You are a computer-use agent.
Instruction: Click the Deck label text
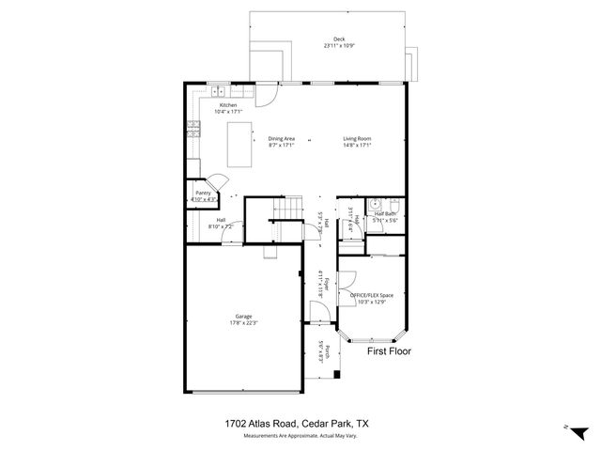pyautogui.click(x=327, y=39)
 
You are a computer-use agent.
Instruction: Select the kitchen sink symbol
pyautogui.click(x=218, y=91)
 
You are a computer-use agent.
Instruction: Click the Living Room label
pyautogui.click(x=357, y=138)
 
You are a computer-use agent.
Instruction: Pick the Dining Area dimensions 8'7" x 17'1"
pyautogui.click(x=282, y=146)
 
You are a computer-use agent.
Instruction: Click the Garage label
pyautogui.click(x=242, y=316)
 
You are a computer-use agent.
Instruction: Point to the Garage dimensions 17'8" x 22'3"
pyautogui.click(x=242, y=323)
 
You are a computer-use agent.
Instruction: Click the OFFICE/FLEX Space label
pyautogui.click(x=372, y=295)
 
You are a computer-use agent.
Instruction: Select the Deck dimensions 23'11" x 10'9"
pyautogui.click(x=327, y=45)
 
